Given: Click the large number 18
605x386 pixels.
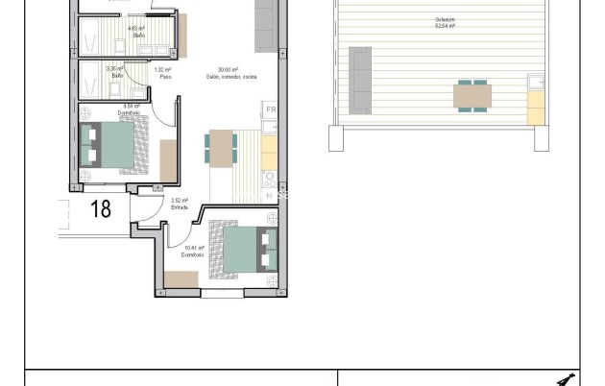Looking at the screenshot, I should [x=101, y=208].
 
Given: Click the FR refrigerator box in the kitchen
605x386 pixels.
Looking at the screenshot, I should [x=271, y=111].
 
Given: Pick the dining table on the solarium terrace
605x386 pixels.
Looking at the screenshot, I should [x=472, y=96].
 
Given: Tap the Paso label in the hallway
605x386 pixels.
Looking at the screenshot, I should [x=162, y=73].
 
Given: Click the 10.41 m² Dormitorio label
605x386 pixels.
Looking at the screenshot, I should [x=192, y=251].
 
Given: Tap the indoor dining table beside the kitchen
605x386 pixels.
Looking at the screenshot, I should [x=221, y=148].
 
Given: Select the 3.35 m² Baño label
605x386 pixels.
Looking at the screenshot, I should [x=115, y=72].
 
